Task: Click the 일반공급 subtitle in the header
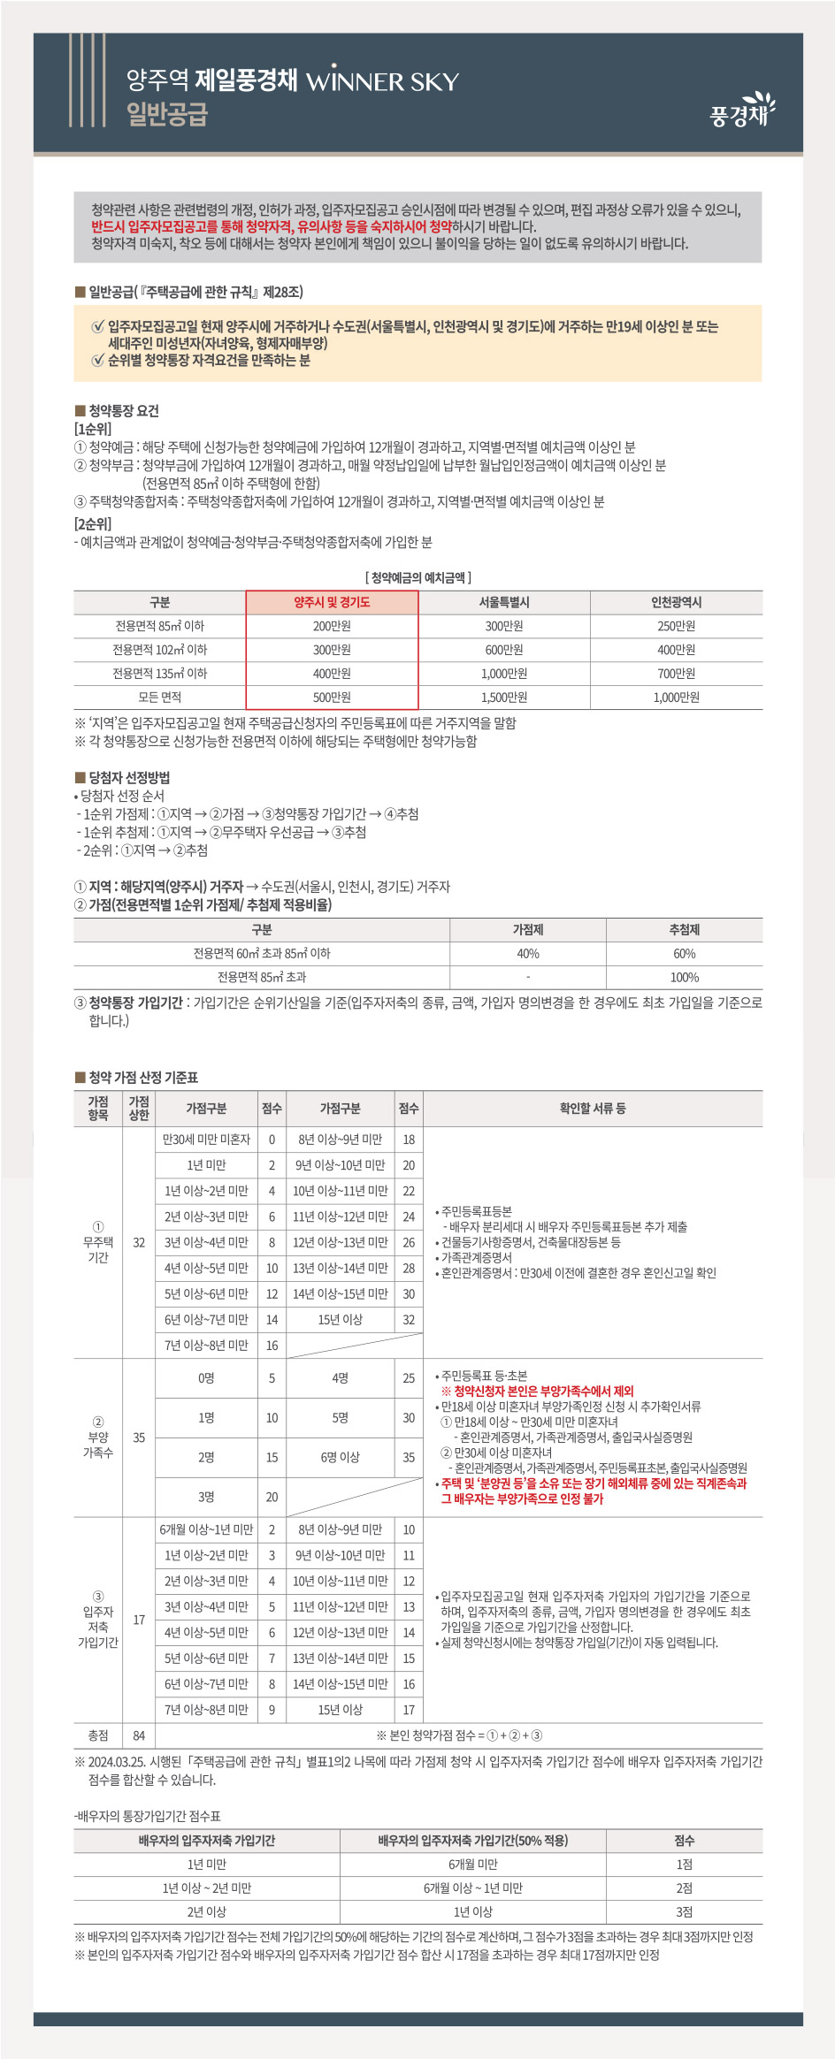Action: (x=167, y=114)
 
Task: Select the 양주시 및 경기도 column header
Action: (x=332, y=602)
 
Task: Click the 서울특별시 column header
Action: (x=504, y=602)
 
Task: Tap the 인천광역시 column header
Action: (x=676, y=602)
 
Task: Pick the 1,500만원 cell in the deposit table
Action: (x=504, y=697)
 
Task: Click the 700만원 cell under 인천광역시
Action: (x=676, y=673)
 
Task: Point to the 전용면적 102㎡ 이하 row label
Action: (x=159, y=649)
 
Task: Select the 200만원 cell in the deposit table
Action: (x=332, y=626)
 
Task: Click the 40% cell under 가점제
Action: (x=528, y=953)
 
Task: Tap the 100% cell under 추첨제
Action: (x=684, y=977)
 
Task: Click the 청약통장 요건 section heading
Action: (x=123, y=410)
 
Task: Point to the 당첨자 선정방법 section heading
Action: (x=128, y=777)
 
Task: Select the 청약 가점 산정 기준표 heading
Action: (x=142, y=1077)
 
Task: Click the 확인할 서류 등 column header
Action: (x=592, y=1108)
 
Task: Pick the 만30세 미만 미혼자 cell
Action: (x=206, y=1140)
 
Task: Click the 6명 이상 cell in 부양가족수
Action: (x=340, y=1457)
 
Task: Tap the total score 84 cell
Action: (x=139, y=1735)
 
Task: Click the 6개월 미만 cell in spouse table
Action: (x=472, y=1864)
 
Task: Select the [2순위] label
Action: (x=93, y=523)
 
